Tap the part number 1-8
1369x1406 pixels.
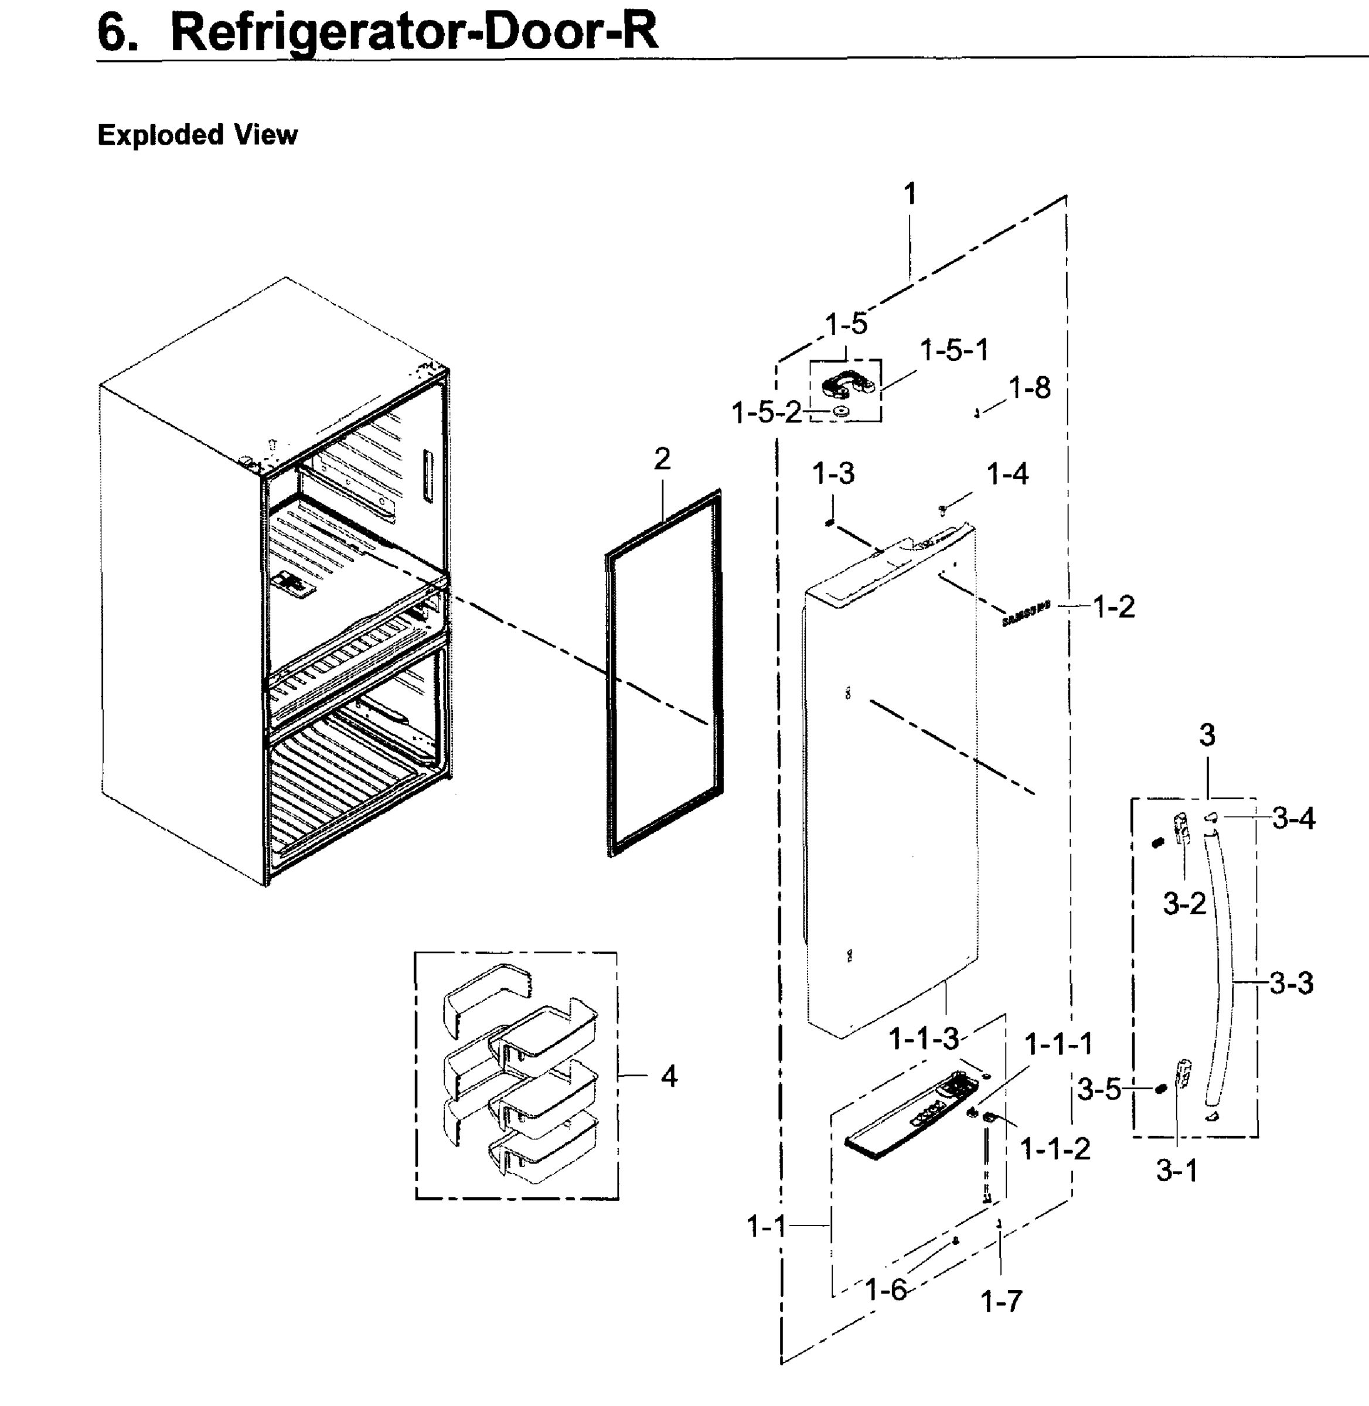(x=1029, y=388)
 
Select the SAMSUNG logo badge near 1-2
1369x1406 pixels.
(x=1026, y=613)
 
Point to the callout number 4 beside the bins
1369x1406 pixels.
(x=669, y=1076)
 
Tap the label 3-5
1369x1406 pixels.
(x=1099, y=1089)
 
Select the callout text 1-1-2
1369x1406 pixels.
(x=1055, y=1149)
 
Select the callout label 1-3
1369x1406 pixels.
(x=833, y=474)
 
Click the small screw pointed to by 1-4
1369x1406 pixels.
(x=942, y=509)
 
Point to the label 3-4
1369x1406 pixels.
(x=1293, y=818)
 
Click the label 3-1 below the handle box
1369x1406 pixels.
(x=1176, y=1170)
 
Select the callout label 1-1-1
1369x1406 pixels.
(x=1058, y=1044)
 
